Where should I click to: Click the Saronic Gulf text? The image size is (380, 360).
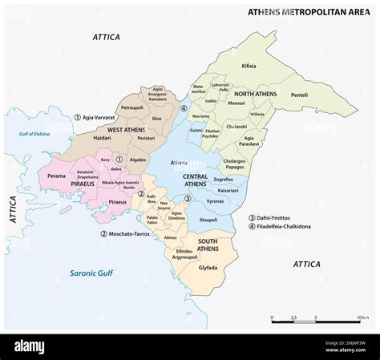tap(90, 273)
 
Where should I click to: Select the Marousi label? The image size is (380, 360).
tap(236, 103)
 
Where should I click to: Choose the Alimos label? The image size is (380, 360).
tap(171, 237)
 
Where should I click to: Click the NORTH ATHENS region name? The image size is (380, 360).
tap(256, 93)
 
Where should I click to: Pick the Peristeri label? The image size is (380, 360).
tap(146, 139)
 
